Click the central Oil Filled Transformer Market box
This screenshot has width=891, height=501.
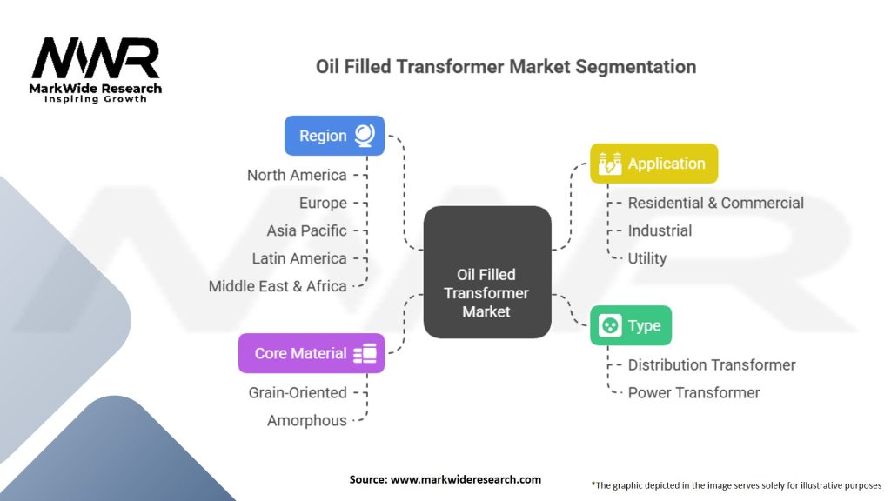[486, 272]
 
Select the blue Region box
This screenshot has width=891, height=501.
[335, 136]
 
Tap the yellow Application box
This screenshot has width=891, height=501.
[653, 164]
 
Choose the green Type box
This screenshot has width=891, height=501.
[630, 325]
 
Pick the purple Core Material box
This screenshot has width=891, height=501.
[311, 353]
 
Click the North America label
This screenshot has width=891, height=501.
[297, 175]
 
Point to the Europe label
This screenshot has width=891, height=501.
[323, 203]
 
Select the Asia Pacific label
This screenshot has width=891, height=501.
[306, 230]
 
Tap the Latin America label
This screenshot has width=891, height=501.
[299, 258]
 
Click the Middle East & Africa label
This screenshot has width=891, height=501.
[278, 286]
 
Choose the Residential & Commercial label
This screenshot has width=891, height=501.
[715, 203]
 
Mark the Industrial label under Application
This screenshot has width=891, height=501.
[660, 230]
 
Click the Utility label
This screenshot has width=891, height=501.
[647, 258]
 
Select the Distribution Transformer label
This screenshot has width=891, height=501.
[711, 364]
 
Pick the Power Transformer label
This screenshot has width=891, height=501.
[693, 392]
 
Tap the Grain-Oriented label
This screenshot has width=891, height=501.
[298, 392]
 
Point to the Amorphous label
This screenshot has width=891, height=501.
[306, 420]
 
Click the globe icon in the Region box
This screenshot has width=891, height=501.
[365, 136]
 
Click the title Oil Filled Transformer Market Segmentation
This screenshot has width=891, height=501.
[506, 67]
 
